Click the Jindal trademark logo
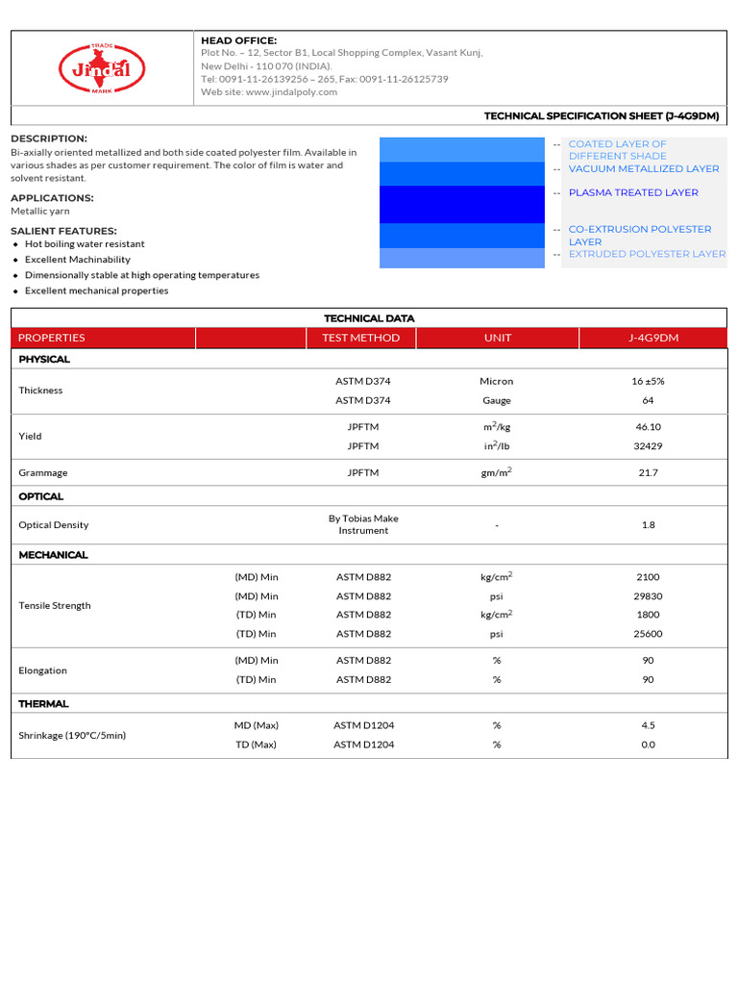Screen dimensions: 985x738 [x=102, y=68]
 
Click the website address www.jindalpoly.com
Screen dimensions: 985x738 [x=291, y=92]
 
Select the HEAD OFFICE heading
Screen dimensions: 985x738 [x=238, y=40]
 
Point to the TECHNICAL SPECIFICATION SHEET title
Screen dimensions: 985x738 [x=602, y=115]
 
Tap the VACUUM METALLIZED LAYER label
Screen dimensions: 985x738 [x=643, y=169]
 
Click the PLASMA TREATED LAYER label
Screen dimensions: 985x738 [x=632, y=192]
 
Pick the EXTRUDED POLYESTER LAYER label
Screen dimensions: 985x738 [x=647, y=254]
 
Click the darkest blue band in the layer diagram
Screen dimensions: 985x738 [x=461, y=204]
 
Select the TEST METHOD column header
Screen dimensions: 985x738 [x=361, y=338]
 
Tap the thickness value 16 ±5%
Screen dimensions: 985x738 [x=648, y=381]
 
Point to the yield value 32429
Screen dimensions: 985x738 [x=648, y=446]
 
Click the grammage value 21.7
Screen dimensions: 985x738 [x=648, y=473]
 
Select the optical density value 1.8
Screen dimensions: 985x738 [x=648, y=525]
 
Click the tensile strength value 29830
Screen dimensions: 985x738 [x=648, y=596]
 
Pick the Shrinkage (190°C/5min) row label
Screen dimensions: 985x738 [x=72, y=735]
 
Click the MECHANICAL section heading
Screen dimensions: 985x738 [x=53, y=555]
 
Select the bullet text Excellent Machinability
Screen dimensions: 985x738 [x=78, y=260]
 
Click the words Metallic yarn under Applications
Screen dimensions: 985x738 [x=40, y=211]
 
